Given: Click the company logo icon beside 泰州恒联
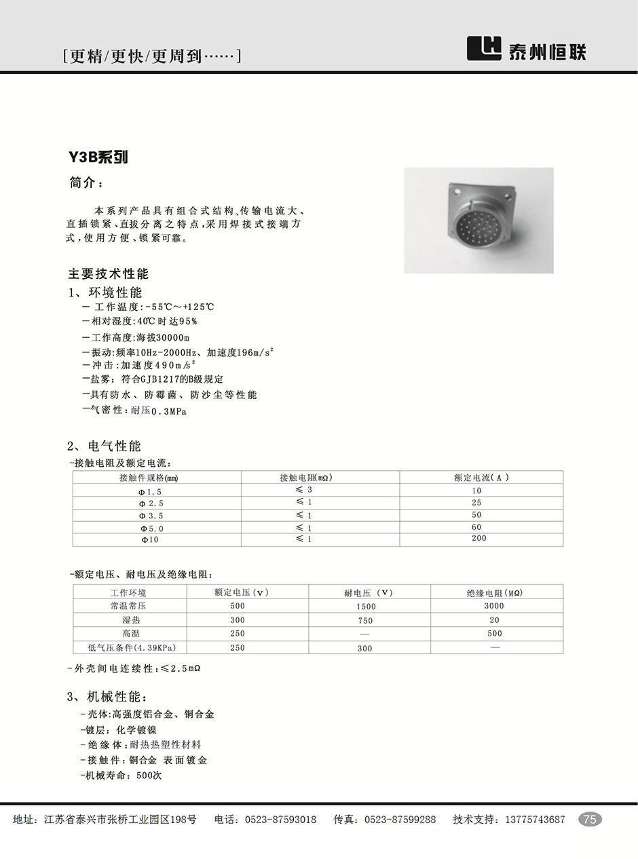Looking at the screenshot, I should (x=484, y=48).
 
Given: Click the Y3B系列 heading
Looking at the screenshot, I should (x=98, y=157).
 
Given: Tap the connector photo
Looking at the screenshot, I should (x=478, y=221).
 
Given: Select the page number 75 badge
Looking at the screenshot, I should (x=590, y=819).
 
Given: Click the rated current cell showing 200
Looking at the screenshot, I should (x=478, y=539).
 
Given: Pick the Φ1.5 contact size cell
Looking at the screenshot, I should (x=150, y=491).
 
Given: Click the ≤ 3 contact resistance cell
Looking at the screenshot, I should (x=304, y=490).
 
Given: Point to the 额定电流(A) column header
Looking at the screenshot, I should (x=481, y=478).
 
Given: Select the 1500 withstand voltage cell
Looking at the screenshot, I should (x=366, y=607).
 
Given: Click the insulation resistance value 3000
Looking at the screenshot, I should (x=494, y=606).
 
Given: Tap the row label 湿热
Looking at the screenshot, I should (x=132, y=620).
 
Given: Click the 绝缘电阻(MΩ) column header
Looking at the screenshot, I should (x=494, y=593).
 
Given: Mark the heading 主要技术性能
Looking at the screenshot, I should (x=108, y=274).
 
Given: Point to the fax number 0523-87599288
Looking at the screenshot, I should (x=400, y=820).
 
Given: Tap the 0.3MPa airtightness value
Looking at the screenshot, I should (x=168, y=411).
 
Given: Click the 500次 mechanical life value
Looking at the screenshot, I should (x=149, y=775).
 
